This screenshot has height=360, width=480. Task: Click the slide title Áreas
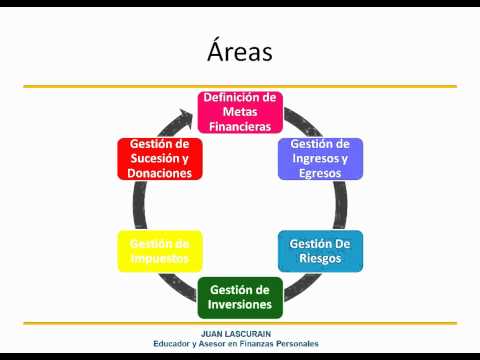[x=240, y=51]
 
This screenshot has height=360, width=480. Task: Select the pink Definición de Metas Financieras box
[x=240, y=112]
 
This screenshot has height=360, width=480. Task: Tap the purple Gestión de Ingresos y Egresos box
[x=320, y=159]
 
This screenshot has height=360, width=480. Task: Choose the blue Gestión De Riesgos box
[x=320, y=251]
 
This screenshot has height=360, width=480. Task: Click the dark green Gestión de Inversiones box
[x=240, y=297]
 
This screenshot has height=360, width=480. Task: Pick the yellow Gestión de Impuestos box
[x=160, y=251]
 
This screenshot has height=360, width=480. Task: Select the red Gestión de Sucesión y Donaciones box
[x=160, y=159]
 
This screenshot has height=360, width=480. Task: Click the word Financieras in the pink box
[x=240, y=127]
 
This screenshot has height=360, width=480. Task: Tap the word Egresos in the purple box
[x=320, y=173]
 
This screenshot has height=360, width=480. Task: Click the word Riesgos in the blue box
[x=320, y=258]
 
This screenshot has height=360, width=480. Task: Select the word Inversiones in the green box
[x=240, y=304]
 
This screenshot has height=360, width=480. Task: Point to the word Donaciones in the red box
[x=160, y=173]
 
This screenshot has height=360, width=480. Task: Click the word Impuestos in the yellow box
[x=160, y=259]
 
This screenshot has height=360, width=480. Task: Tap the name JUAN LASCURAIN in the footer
[x=236, y=334]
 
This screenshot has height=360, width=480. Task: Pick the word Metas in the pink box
[x=240, y=112]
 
